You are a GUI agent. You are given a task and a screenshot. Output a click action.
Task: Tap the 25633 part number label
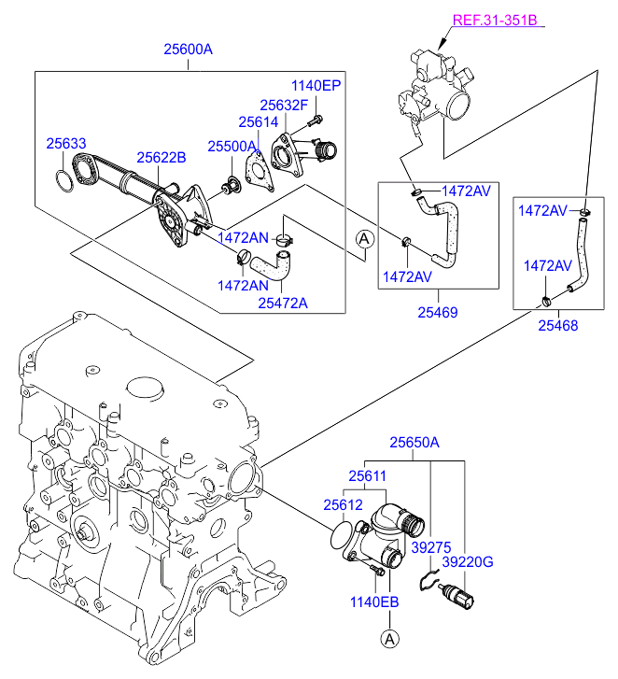pos(66,143)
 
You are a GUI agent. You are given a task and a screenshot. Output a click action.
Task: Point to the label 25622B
pos(162,158)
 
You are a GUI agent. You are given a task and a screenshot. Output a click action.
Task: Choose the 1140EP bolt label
pos(316,85)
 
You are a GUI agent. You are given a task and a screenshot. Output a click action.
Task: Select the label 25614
pos(257,121)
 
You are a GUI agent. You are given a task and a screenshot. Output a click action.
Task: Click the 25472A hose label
pos(283,302)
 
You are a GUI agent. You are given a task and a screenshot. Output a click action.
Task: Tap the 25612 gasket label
pos(343,504)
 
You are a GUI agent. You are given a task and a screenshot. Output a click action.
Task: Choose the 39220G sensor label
pos(468,562)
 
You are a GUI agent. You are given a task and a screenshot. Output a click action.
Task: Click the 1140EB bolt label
pos(375,602)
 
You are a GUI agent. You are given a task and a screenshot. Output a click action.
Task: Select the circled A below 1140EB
pos(387,639)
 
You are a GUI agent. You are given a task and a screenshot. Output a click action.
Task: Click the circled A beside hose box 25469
pos(364,240)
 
